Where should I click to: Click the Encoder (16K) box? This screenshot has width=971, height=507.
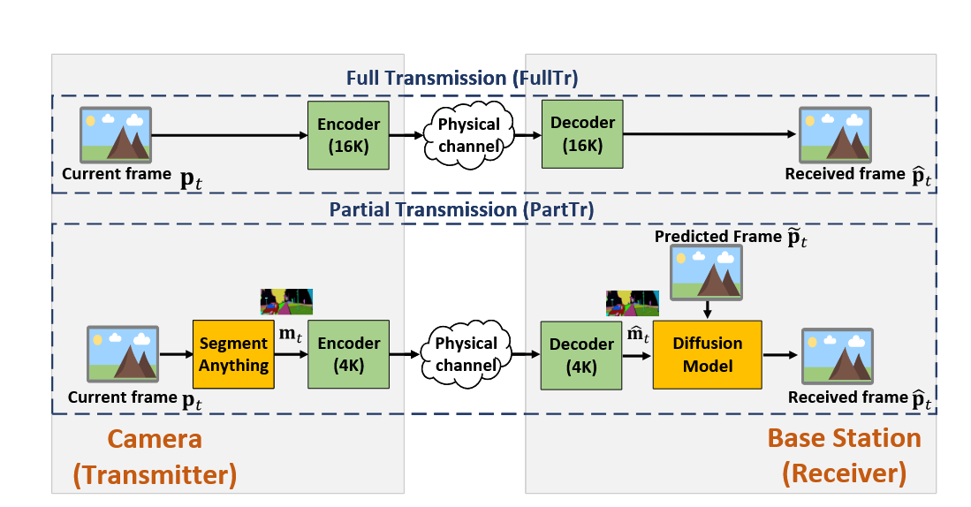coord(348,135)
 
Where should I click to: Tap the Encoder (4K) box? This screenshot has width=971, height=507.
coord(348,353)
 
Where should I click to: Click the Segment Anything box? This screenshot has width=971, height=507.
coord(233,353)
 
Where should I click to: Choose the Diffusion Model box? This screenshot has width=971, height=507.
coord(707,353)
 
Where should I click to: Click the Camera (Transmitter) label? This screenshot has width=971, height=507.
coord(155,456)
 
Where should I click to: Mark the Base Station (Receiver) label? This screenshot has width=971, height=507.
coord(844,456)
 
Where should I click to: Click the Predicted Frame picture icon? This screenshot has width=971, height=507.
coord(706,272)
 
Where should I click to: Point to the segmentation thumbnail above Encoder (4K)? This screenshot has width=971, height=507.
coord(286,301)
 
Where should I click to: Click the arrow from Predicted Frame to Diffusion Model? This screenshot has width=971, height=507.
coord(707,309)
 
